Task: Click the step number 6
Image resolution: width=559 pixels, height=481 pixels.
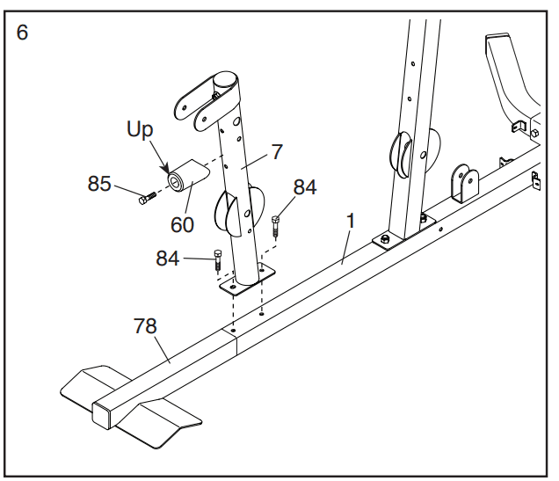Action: pos(22,32)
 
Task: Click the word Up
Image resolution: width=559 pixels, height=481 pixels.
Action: pos(140,129)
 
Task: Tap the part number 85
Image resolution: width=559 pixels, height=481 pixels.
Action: pos(99,184)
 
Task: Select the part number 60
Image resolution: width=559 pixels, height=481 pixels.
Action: pos(182,224)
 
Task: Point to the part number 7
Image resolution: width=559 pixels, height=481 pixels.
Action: pos(277,151)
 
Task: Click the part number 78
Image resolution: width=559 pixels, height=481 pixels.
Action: pos(145,326)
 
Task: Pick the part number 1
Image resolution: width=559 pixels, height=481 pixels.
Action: pos(351,221)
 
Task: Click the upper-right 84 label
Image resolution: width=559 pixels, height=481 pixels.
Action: pos(305,186)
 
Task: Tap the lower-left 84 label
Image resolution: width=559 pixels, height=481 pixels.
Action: pos(168,259)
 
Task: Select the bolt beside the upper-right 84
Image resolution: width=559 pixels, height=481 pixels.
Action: pos(276,225)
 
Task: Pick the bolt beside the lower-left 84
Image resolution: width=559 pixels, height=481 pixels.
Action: pos(217,260)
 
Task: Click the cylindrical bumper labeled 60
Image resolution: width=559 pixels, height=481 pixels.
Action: pos(188,175)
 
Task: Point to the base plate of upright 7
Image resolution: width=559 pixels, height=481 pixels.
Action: pos(247,280)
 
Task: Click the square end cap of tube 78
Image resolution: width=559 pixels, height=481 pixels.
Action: pos(101,415)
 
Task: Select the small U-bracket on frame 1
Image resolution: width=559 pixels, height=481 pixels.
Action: pos(465,184)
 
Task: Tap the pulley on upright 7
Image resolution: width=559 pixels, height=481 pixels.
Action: pos(240,210)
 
